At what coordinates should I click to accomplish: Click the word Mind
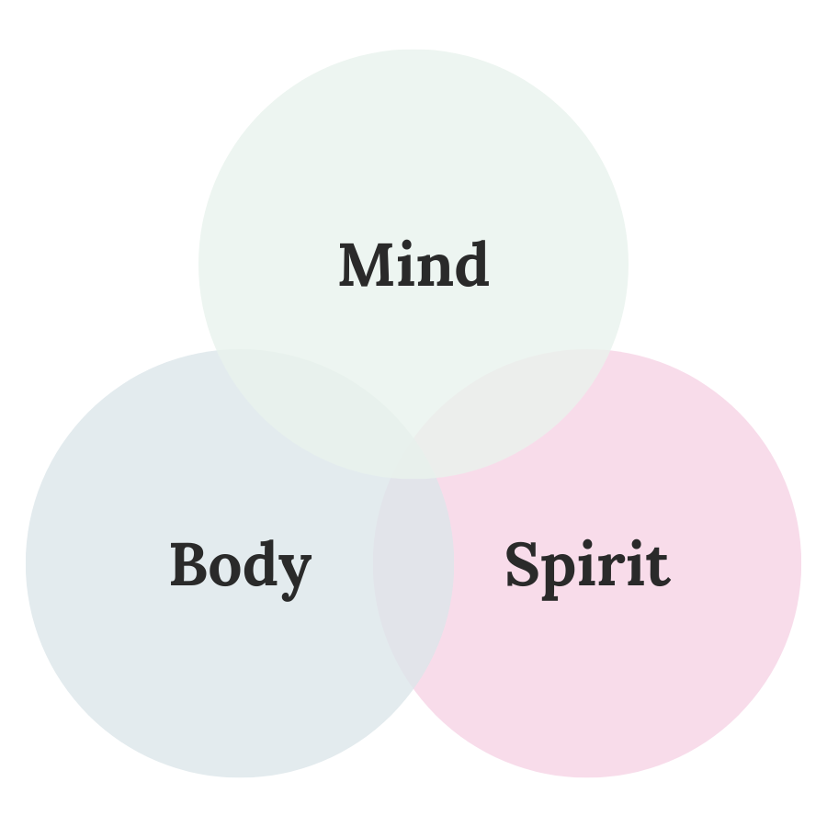[x=413, y=266]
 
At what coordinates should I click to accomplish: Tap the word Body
[x=240, y=565]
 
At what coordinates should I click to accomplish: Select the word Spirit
[x=587, y=565]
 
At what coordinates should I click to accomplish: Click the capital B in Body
[x=187, y=564]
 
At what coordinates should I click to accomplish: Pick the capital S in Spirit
[x=521, y=565]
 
